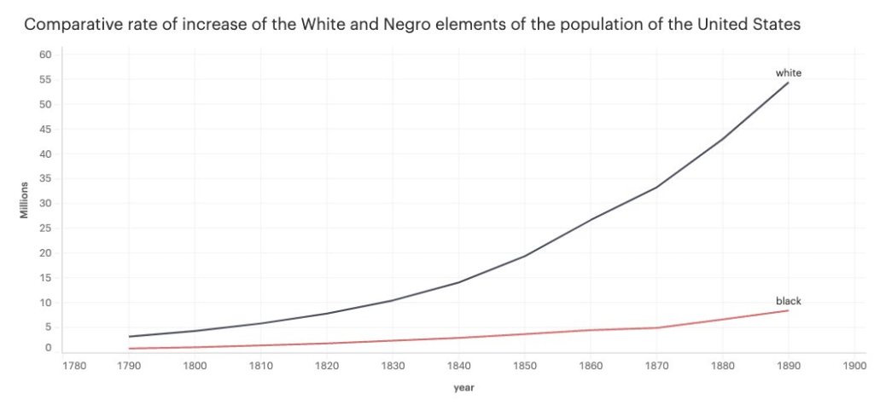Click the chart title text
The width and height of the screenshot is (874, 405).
coord(412,24)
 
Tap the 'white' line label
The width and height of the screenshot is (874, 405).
coord(788,73)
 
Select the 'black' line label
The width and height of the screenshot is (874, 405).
coord(788,301)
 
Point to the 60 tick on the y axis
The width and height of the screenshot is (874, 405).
coord(46,55)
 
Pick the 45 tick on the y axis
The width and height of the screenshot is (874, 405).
coord(46,130)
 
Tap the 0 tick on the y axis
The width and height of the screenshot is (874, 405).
coord(49,348)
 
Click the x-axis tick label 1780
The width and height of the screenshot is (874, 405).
coord(74,367)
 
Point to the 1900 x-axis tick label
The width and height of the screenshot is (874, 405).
coord(854,367)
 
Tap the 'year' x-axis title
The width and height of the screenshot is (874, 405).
coord(464,389)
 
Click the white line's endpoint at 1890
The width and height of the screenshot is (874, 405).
coord(789,83)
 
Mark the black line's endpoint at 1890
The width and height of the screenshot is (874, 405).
coord(789,310)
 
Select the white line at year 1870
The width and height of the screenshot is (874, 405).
coord(656,188)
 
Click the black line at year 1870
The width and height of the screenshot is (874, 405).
coord(656,327)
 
